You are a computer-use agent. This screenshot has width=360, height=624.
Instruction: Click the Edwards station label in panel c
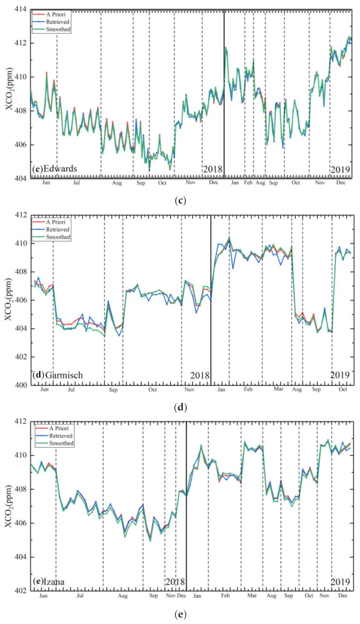click(55, 169)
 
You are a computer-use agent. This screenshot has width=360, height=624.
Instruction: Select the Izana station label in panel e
click(49, 581)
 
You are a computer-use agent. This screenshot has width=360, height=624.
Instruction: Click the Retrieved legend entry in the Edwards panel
click(58, 22)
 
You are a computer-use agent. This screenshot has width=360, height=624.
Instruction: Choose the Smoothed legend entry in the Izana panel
click(61, 443)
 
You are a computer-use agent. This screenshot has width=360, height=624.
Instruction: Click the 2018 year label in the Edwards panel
click(213, 169)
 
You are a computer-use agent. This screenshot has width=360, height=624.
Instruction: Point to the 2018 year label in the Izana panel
click(175, 582)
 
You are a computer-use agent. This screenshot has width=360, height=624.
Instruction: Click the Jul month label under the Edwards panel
click(76, 183)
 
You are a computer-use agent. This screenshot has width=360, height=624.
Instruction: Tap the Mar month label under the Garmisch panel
click(279, 389)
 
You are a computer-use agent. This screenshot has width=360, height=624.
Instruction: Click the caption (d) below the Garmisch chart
click(180, 407)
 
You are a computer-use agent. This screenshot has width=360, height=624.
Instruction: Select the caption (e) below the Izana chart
click(180, 614)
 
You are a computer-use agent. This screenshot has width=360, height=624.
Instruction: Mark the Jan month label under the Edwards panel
click(235, 183)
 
